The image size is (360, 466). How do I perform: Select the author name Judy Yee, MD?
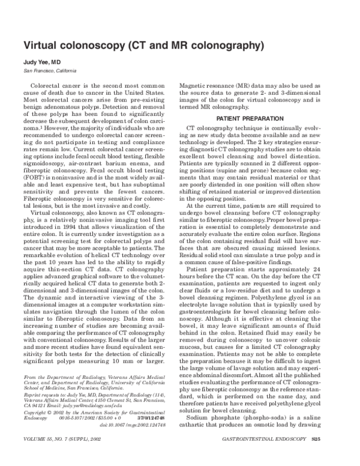click(x=43, y=62)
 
